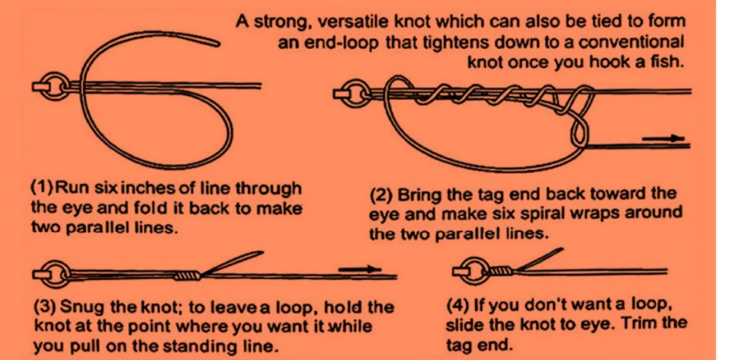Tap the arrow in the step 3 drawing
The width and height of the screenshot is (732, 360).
click(359, 269)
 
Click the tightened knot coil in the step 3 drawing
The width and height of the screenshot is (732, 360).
click(188, 276)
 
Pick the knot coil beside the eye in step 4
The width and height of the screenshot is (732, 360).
click(502, 271)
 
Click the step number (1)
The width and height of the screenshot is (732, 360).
click(41, 190)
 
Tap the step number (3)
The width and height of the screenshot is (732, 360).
click(45, 308)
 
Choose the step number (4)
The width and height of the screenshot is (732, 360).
click(458, 306)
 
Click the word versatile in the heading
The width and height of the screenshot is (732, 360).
click(338, 22)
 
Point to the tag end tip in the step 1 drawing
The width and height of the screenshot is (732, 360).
click(219, 43)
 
